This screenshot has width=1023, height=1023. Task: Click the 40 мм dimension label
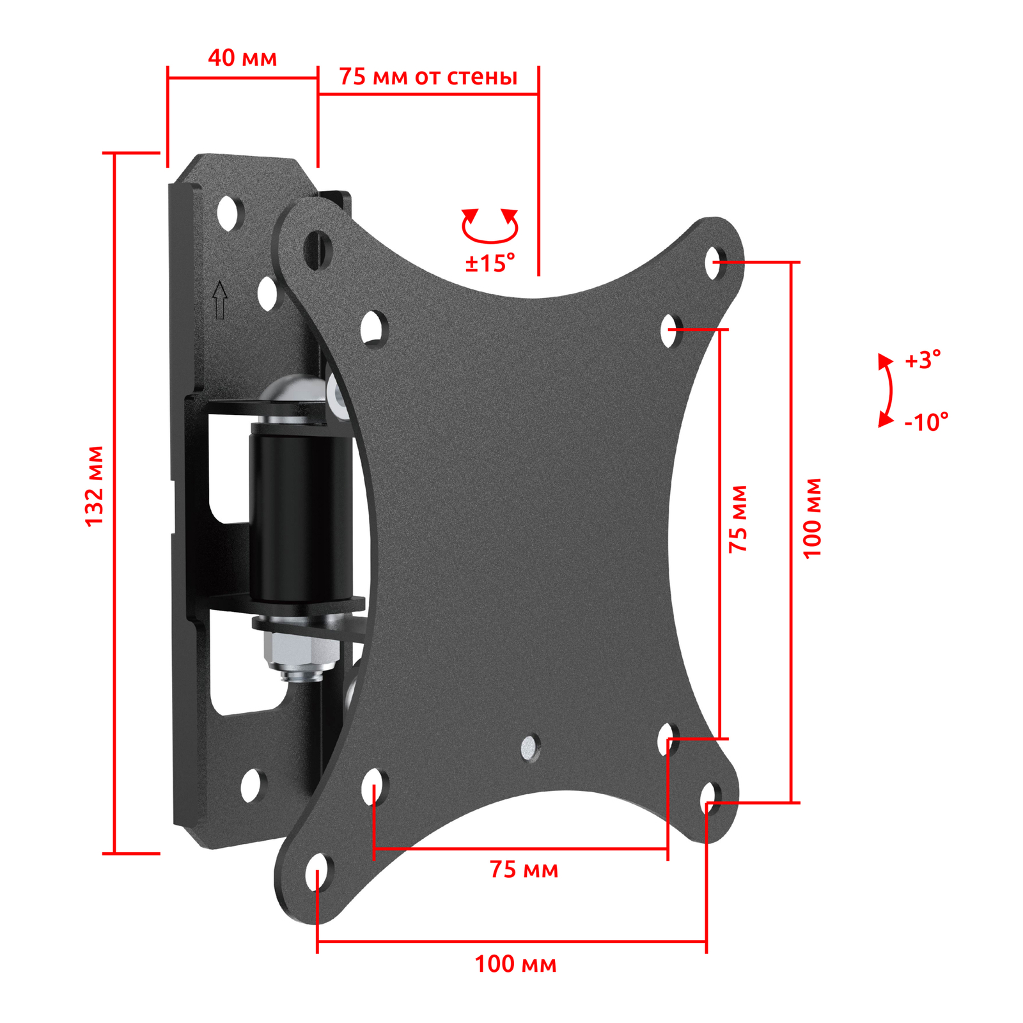(x=242, y=58)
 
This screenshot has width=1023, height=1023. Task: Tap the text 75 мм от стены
(x=428, y=77)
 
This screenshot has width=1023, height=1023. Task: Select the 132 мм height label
(x=95, y=487)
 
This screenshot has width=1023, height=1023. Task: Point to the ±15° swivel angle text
(x=490, y=263)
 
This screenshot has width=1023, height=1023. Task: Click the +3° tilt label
(x=923, y=360)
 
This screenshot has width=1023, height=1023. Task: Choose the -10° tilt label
(x=926, y=422)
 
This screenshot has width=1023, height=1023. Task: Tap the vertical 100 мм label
(x=812, y=518)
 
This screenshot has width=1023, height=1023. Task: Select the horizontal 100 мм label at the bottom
(x=515, y=964)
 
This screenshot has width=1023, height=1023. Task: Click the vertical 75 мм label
(x=738, y=519)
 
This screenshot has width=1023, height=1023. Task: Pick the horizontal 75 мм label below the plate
(x=524, y=870)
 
